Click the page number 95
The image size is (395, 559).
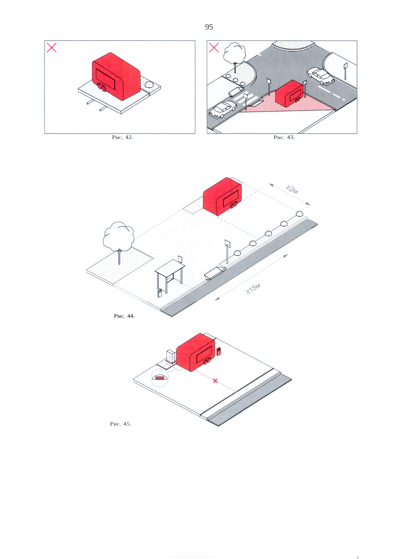coord(209,27)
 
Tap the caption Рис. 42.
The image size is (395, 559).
coord(122,137)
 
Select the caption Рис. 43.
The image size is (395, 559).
coord(284,137)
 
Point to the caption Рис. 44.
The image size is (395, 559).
coord(124,316)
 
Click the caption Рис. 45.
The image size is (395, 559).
coord(120,424)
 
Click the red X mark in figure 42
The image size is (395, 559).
coord(52,47)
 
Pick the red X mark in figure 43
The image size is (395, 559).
coord(214,47)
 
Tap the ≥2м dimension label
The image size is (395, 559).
coord(292,189)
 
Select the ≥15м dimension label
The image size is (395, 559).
coord(253,289)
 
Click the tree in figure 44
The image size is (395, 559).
coord(118,241)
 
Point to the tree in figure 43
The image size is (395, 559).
coord(234,56)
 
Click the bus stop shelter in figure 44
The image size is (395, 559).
coord(170,276)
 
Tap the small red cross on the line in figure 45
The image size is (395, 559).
coord(216,380)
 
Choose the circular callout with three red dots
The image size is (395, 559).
coord(160,378)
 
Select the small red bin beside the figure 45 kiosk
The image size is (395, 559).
coord(219,351)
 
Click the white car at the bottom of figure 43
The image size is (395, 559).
coord(223,110)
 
